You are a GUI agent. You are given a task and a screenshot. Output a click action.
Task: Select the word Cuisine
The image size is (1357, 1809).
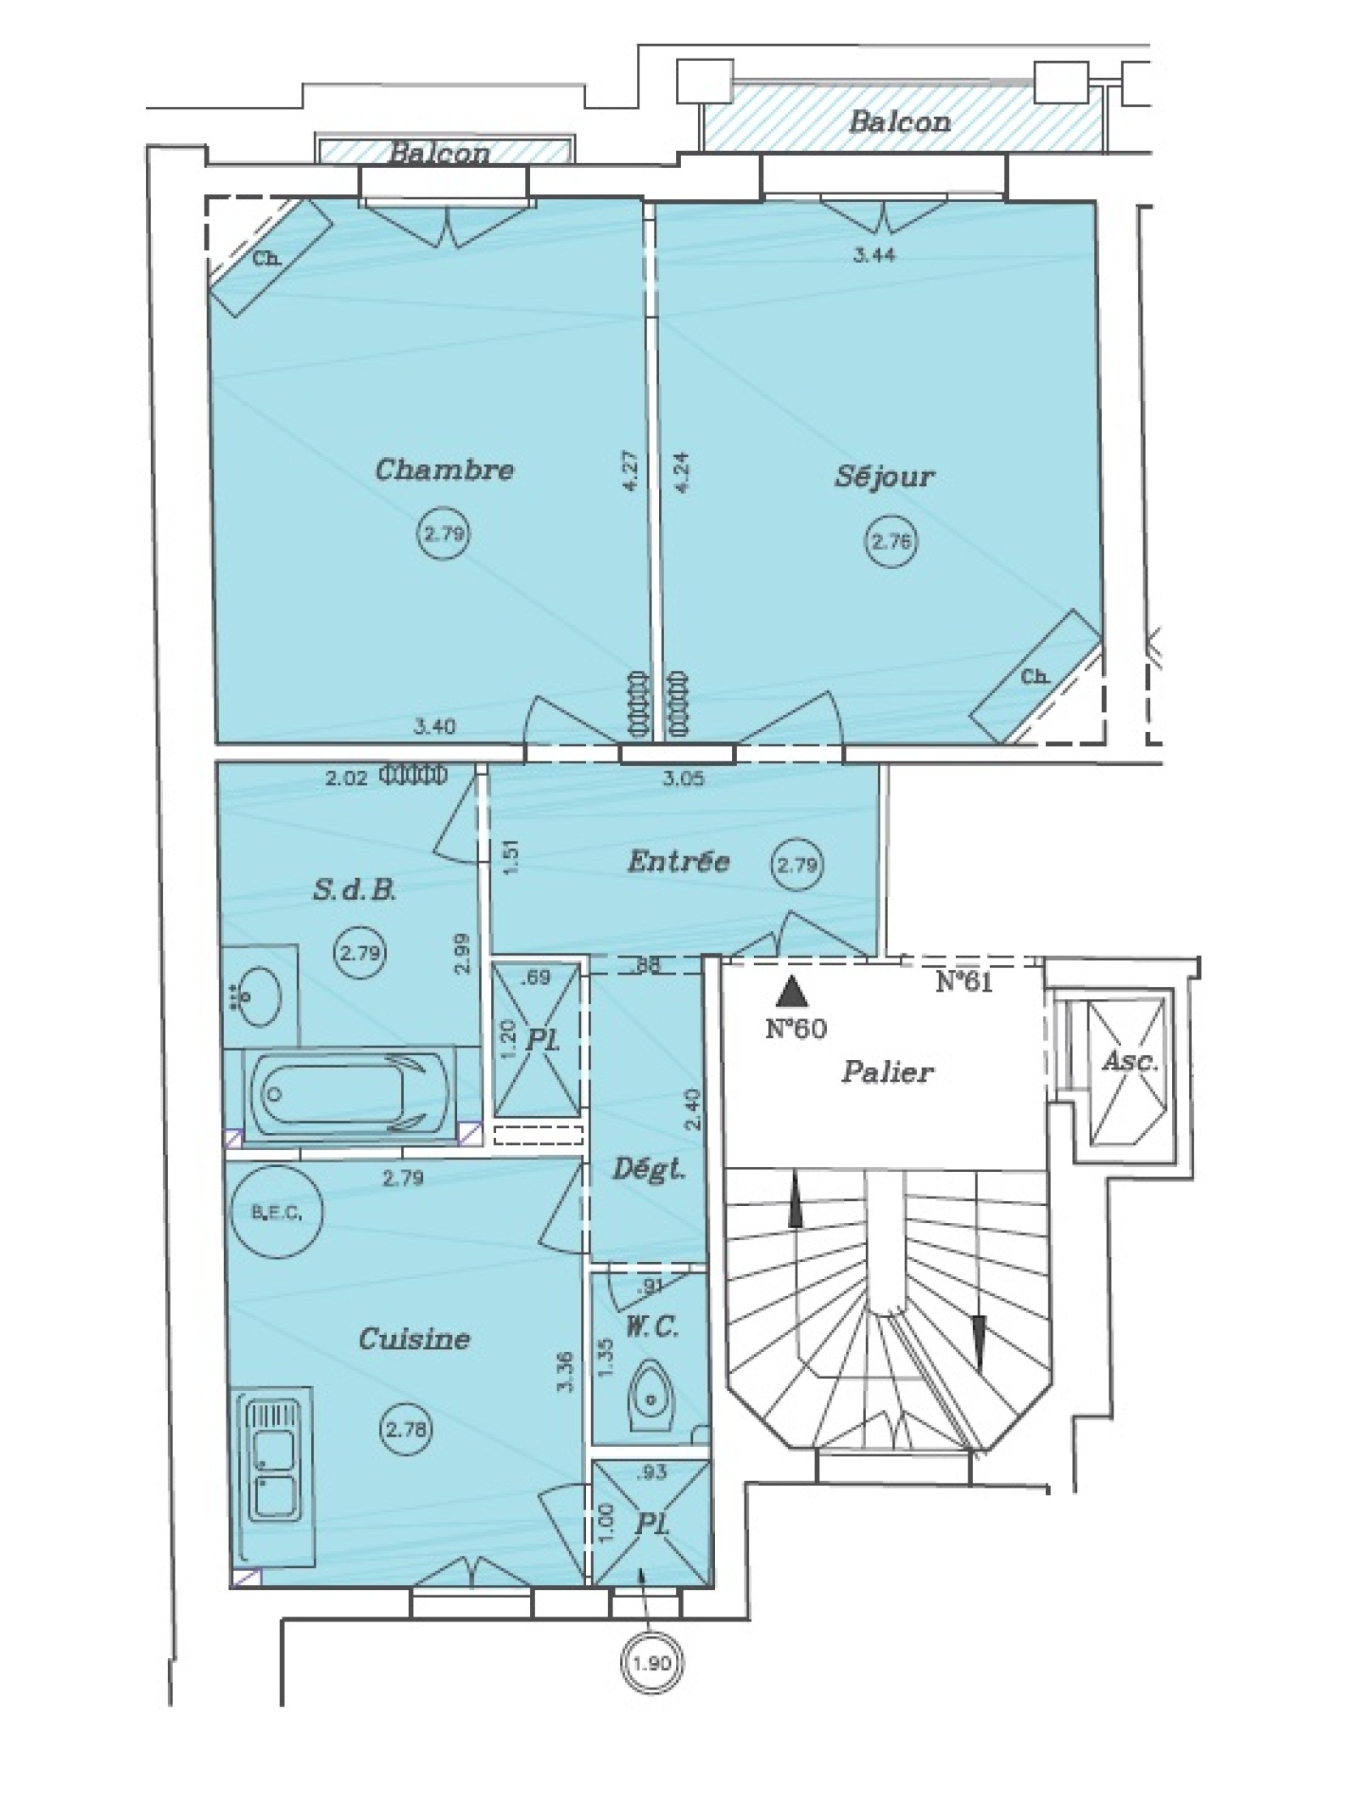(x=414, y=1338)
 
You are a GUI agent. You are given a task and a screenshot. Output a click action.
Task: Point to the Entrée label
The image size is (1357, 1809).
(x=678, y=862)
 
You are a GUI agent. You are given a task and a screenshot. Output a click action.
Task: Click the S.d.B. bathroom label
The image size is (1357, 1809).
(x=355, y=890)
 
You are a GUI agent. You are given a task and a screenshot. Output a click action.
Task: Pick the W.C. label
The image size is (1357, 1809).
(x=652, y=1326)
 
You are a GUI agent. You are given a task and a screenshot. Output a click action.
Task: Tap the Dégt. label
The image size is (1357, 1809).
(x=649, y=1170)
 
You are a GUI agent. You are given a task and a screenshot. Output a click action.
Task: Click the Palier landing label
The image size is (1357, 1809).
(x=887, y=1072)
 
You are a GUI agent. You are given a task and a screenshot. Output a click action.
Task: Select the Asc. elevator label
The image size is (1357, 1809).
(x=1130, y=1061)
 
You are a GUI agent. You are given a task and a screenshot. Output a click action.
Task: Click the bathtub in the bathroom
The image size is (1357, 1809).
(x=349, y=1095)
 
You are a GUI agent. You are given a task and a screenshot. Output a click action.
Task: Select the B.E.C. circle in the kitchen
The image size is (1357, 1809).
(x=277, y=1213)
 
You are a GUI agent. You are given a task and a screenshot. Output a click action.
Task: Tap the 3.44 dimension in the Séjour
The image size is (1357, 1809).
(x=874, y=254)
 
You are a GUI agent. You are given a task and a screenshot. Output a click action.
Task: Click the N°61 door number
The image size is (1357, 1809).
(x=964, y=982)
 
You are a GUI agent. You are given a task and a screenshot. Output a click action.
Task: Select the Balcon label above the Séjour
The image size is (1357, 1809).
(x=900, y=121)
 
